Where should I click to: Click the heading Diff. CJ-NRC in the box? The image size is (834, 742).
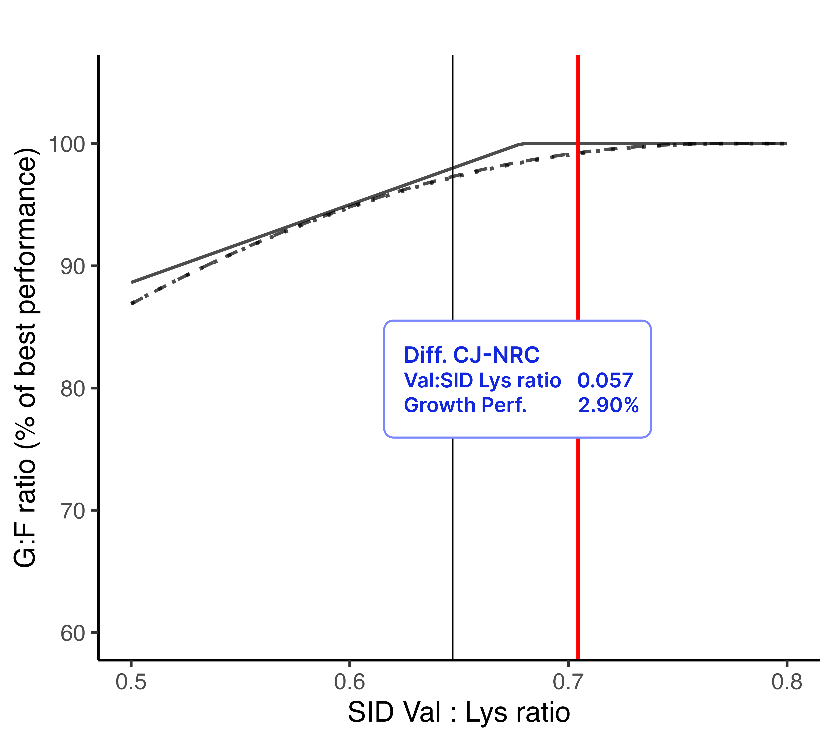point(471,355)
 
